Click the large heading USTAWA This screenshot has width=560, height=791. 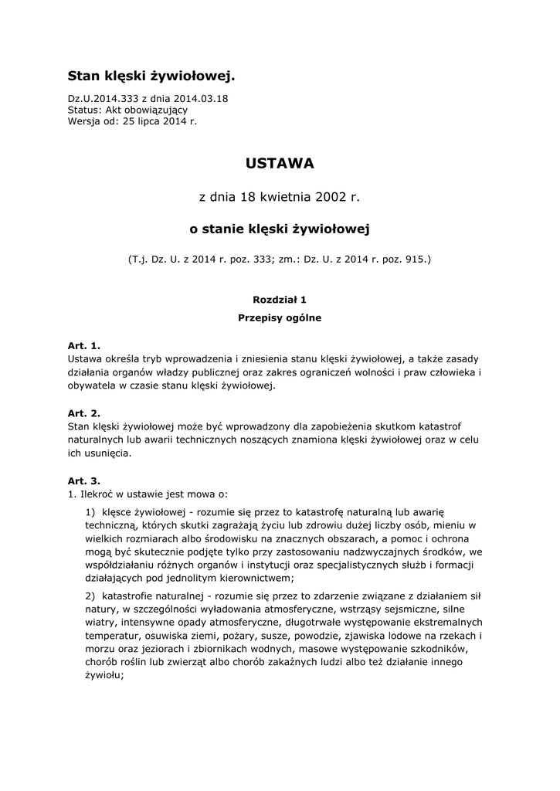(280, 164)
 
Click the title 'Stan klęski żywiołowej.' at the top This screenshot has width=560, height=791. (151, 76)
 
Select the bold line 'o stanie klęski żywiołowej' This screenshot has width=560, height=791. (280, 229)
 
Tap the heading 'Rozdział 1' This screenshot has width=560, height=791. (280, 298)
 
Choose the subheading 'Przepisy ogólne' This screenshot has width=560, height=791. (280, 317)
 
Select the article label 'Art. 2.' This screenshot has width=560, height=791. (84, 413)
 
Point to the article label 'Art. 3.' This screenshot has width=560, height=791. (84, 480)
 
